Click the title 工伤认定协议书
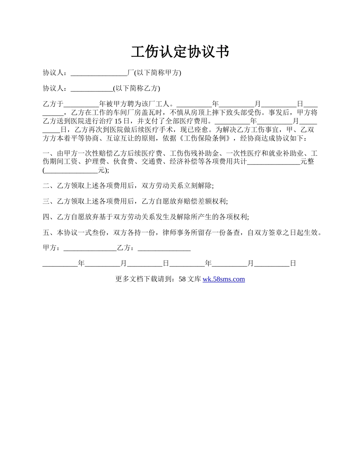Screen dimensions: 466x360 tap(180, 52)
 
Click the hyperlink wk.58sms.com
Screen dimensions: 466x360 tap(224, 279)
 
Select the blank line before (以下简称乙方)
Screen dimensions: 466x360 tap(92, 89)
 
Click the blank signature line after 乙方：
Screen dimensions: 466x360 tap(164, 248)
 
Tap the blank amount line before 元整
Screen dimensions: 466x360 tap(273, 162)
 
